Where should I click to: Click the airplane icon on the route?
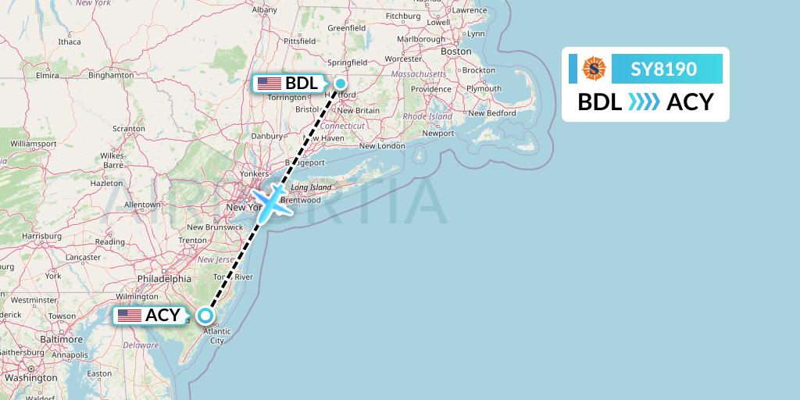click(x=270, y=203)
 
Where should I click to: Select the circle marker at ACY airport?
click(x=205, y=316)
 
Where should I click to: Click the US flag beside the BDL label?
click(x=270, y=84)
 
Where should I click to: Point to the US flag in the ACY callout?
click(x=130, y=316)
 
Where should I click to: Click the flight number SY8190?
click(x=664, y=70)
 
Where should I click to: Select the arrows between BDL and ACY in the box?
click(x=645, y=102)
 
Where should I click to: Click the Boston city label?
click(x=456, y=52)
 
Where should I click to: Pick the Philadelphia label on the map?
click(x=164, y=278)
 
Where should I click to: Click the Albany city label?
click(x=265, y=9)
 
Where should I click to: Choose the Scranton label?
click(x=129, y=128)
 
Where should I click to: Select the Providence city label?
click(x=430, y=89)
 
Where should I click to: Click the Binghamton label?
click(x=111, y=75)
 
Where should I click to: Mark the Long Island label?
click(x=310, y=187)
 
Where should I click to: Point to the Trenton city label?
click(x=192, y=240)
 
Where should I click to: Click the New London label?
click(x=383, y=145)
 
